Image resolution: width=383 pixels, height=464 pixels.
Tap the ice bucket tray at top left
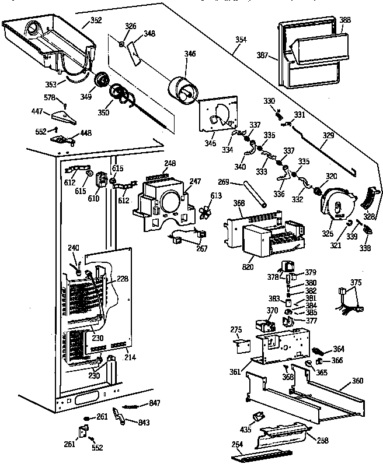click(x=47, y=41)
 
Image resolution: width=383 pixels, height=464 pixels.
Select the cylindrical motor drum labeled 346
click(x=182, y=90)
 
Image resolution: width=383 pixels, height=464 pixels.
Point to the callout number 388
click(x=345, y=20)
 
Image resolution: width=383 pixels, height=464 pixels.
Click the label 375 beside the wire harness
click(x=356, y=283)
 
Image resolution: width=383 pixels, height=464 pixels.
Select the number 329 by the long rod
click(x=329, y=135)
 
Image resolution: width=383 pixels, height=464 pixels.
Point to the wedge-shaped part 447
click(x=65, y=117)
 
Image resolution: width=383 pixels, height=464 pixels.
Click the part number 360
click(x=357, y=381)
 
